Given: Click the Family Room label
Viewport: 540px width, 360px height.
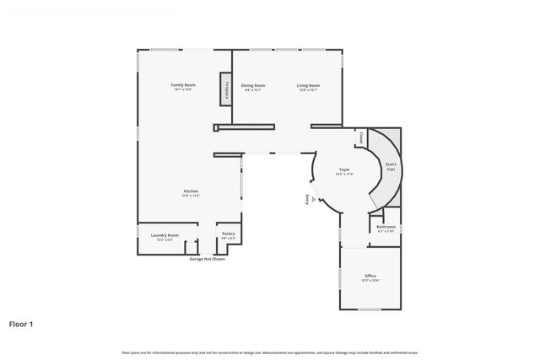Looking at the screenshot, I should [183, 84].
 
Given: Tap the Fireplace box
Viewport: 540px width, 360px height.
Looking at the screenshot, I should [225, 89].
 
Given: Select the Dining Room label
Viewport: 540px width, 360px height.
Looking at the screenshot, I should [253, 84].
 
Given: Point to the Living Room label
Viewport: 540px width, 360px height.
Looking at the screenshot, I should [307, 84].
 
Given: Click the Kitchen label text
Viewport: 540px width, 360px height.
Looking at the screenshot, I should [191, 191].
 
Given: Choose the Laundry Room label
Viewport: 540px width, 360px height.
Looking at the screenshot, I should [165, 235].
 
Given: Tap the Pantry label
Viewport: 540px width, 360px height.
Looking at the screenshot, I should [228, 234].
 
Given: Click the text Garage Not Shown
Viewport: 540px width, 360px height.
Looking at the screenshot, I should [207, 259].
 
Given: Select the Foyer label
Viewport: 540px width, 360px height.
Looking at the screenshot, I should [345, 169].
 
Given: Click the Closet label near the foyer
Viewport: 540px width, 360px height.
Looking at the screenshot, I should [360, 137].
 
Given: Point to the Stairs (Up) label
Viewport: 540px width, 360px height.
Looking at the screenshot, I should [391, 166].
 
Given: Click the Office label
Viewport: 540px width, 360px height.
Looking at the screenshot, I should [370, 276].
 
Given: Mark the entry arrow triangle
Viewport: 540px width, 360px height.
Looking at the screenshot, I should [315, 200].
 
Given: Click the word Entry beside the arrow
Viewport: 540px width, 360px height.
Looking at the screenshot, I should [307, 199].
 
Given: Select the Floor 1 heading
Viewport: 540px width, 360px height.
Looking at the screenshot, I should [21, 323].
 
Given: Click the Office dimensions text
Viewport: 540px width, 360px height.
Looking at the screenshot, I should [370, 280].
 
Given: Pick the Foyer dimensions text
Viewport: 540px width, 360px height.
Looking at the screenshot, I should [345, 174].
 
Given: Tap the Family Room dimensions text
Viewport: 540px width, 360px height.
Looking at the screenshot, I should [183, 89].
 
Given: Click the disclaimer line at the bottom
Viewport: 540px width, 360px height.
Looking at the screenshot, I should [270, 352].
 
